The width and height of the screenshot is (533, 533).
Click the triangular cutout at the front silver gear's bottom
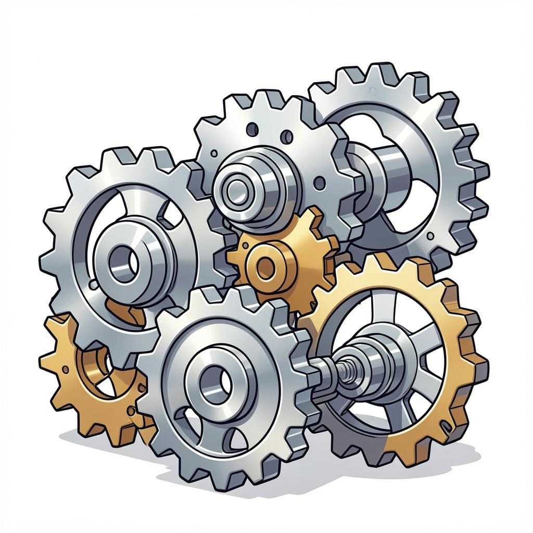(x=237, y=440)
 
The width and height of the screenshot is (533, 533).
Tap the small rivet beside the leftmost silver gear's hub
(x=93, y=285)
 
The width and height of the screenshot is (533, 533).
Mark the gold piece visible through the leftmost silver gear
(x=125, y=311)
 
